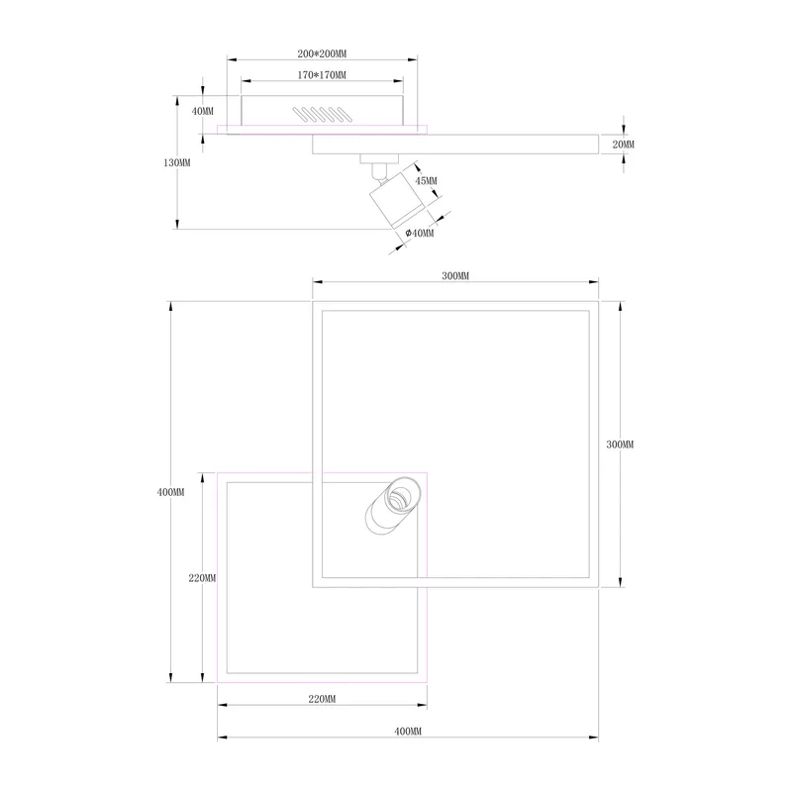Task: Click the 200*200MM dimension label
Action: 322,53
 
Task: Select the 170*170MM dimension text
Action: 322,75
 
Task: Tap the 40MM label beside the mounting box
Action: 203,111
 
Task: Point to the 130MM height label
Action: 177,162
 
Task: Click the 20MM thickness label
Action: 624,145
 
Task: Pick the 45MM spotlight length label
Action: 427,180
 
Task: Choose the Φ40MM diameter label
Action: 419,233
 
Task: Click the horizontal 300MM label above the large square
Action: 455,276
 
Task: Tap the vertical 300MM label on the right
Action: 620,445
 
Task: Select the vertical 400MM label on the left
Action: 170,492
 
